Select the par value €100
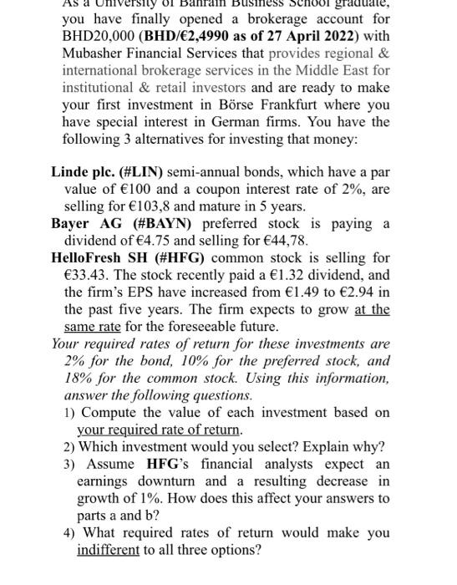click(128, 190)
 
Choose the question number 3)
click(71, 465)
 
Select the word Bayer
click(72, 224)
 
